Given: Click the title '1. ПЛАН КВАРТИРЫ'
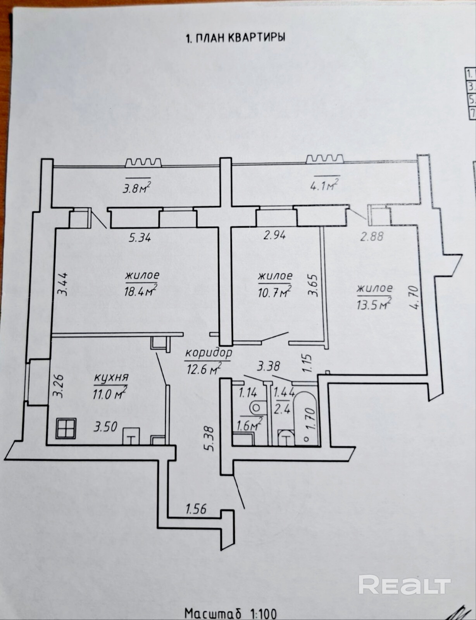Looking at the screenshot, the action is pyautogui.click(x=236, y=38).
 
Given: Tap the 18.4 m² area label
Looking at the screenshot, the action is pyautogui.click(x=140, y=290).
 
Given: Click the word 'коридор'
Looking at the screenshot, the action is pyautogui.click(x=209, y=353).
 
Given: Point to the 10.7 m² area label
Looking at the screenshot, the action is pyautogui.click(x=274, y=291).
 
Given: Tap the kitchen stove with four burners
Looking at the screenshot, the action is pyautogui.click(x=66, y=429).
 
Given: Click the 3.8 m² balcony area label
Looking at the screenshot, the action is pyautogui.click(x=136, y=188).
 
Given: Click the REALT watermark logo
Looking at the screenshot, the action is pyautogui.click(x=404, y=584).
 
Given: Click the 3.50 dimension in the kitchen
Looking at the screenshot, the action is pyautogui.click(x=105, y=427).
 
